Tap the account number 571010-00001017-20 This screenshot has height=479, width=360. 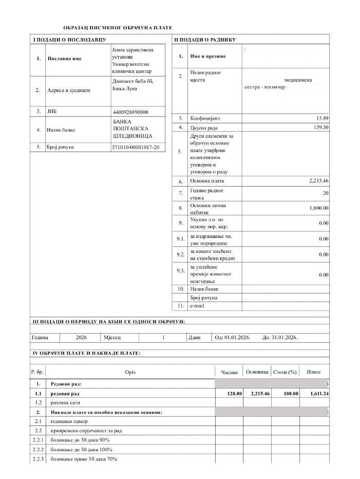136,148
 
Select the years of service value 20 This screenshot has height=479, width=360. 325,193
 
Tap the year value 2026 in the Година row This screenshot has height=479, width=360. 81,338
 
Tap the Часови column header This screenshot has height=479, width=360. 230,372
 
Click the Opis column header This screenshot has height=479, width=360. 130,372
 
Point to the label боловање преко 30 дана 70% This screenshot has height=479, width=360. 84,458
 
